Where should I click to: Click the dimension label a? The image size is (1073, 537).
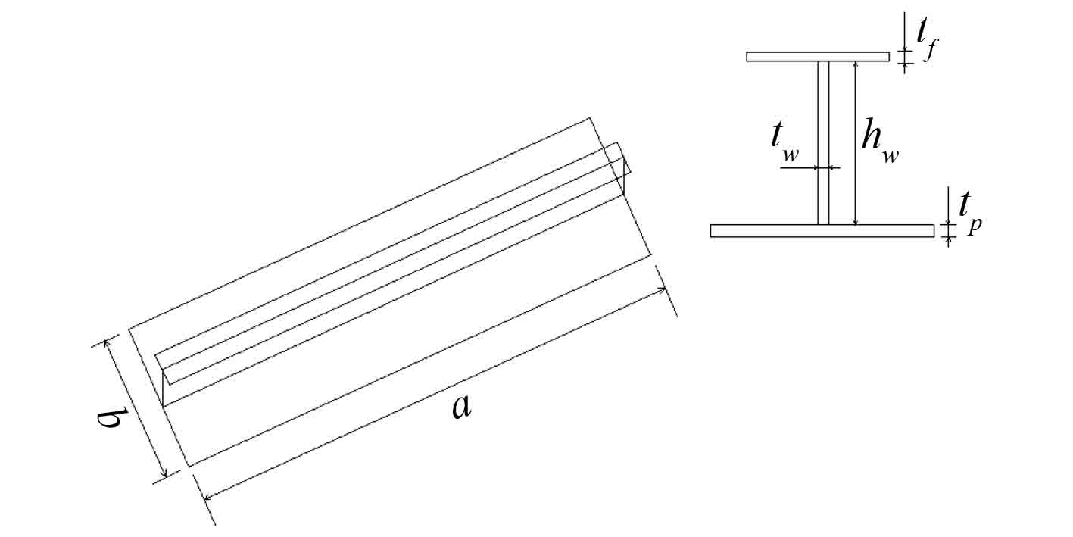click(461, 407)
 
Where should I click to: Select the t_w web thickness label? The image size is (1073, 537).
click(783, 140)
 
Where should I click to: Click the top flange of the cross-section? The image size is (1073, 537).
click(817, 56)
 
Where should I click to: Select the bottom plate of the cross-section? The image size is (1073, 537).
click(822, 231)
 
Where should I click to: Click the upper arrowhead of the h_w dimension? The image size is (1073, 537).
click(855, 64)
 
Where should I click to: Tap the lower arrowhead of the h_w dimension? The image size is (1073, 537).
click(855, 221)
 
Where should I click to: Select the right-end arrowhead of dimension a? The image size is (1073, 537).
click(661, 289)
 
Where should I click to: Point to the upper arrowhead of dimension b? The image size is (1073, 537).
click(108, 343)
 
